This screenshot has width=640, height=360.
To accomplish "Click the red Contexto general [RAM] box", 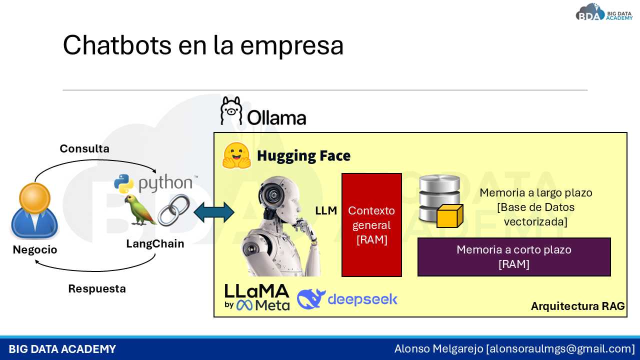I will coord(371,225).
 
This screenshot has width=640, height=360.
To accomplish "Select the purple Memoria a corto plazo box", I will coord(514,257).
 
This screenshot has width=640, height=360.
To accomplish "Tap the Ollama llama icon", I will coord(231,110).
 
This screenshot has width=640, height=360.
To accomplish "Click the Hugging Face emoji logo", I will coord(236,155).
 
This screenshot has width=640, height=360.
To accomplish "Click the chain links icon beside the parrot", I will coord(174,210).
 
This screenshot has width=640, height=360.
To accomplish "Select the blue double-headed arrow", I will coord(214,212).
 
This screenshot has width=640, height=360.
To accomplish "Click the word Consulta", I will coord(84,148).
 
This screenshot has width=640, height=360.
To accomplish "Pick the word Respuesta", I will coord(97,288).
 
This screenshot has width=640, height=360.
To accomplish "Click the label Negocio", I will coord(35,249).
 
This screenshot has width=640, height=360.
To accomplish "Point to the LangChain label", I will coord(155,243).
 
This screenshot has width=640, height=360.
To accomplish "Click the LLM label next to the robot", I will coord(326,211).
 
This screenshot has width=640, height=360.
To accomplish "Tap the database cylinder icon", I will coord(438,198).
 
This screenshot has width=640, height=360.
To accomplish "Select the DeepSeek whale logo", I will coord(311,299).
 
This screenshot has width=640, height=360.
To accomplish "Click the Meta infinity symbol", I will coord(245,304).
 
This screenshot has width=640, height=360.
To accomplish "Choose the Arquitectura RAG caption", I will coord(577,306).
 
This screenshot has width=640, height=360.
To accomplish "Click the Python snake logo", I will coord(124,184).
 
